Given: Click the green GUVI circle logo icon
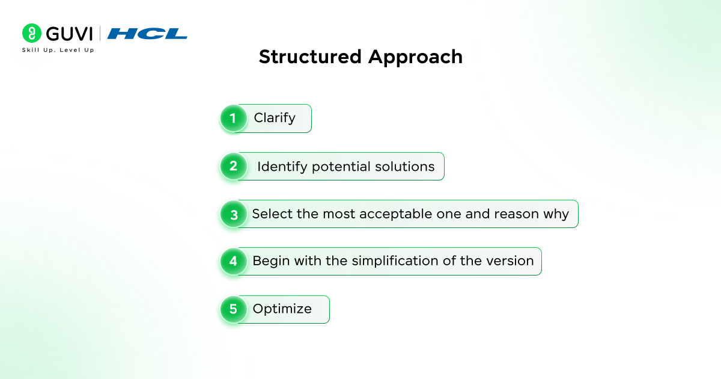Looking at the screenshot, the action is [x=31, y=33].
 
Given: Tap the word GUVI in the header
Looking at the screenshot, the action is [x=69, y=34].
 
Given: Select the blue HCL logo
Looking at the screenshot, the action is [x=147, y=34].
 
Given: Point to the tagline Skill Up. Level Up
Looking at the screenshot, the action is [x=58, y=50].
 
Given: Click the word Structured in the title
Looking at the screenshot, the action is [x=310, y=57].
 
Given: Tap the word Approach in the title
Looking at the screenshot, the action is [x=415, y=58].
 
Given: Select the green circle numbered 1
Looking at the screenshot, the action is [x=233, y=119].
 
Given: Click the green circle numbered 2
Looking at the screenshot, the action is [x=233, y=166].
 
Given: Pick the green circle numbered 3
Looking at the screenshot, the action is [x=233, y=214].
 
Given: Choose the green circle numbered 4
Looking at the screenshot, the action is [x=233, y=261].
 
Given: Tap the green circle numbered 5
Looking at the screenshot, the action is [x=233, y=309].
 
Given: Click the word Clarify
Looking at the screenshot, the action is [x=275, y=119].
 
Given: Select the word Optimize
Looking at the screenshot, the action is [x=282, y=309].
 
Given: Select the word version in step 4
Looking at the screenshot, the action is [x=510, y=261].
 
